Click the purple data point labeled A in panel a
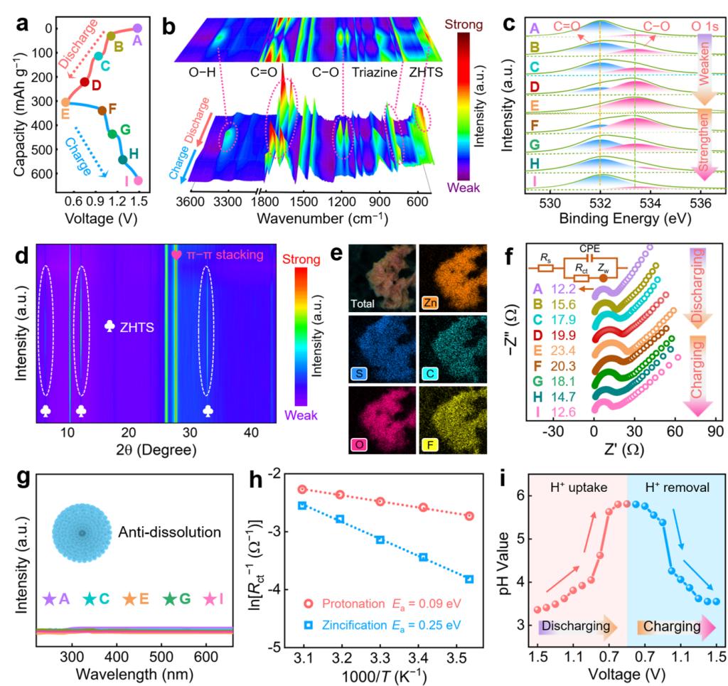pyautogui.click(x=137, y=28)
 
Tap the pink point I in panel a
pyautogui.click(x=138, y=181)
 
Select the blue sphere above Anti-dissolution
pyautogui.click(x=82, y=533)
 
